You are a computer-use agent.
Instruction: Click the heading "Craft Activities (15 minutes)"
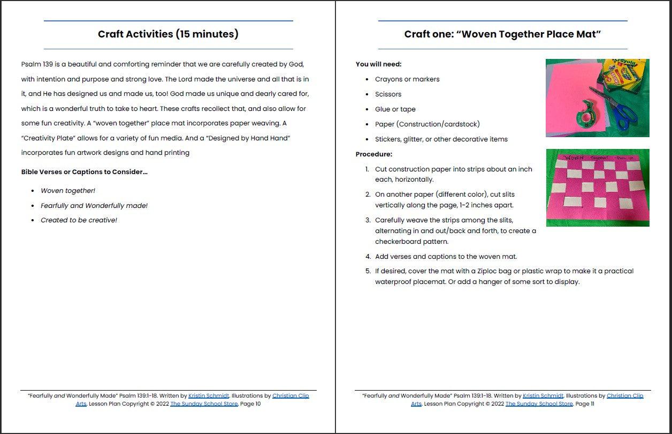coord(168,34)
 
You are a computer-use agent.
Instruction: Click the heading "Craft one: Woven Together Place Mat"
coord(502,34)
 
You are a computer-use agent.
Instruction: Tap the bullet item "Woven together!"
coord(68,191)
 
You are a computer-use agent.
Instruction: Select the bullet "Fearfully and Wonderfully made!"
coord(94,206)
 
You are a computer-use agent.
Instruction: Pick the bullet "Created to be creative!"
coord(79,220)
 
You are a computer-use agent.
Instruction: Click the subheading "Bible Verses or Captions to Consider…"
coord(84,172)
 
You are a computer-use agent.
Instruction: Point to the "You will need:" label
coord(378,64)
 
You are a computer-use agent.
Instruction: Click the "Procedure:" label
coord(374,154)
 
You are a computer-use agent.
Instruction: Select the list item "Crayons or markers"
coord(407,79)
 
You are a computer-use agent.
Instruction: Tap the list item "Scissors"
coord(388,94)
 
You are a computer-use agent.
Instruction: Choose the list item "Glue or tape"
coord(395,109)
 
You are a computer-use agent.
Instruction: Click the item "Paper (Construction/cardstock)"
coord(427,124)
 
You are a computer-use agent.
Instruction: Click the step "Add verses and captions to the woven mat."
coord(446,257)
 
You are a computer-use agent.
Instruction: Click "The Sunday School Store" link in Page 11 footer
coord(539,404)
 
